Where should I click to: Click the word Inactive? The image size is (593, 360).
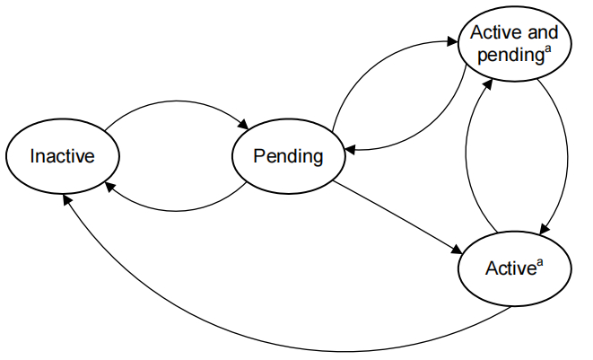tap(63, 156)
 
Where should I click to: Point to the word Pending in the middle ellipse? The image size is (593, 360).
tap(289, 157)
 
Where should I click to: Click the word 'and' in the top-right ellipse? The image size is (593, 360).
tap(543, 32)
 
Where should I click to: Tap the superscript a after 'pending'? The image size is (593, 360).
tap(547, 49)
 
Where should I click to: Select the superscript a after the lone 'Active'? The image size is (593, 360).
tap(540, 262)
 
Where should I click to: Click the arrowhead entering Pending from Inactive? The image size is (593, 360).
tap(243, 125)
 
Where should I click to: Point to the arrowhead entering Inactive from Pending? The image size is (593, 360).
tap(109, 186)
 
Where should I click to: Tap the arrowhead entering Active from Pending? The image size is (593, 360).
tap(457, 250)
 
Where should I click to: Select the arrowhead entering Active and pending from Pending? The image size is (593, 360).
tap(452, 41)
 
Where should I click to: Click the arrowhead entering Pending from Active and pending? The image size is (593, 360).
tap(350, 150)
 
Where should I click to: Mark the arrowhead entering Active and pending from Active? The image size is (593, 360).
tap(488, 84)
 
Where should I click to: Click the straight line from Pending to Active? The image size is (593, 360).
tap(397, 217)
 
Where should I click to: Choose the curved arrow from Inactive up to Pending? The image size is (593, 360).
tap(176, 101)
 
